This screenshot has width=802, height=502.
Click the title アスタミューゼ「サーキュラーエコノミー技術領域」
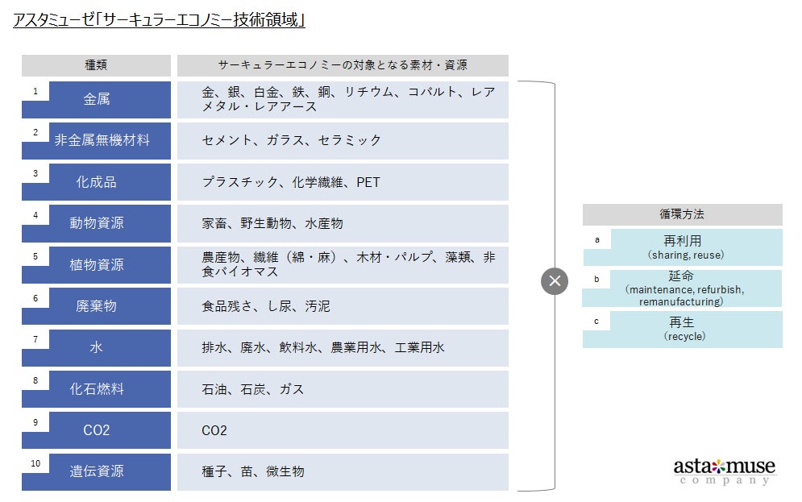[160, 20]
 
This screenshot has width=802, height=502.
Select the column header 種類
[96, 65]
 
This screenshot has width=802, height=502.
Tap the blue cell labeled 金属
[97, 99]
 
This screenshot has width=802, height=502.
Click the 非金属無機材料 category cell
[102, 140]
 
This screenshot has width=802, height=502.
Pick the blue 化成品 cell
[97, 182]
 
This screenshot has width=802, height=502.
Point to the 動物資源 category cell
[97, 223]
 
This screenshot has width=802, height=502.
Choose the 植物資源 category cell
[97, 264]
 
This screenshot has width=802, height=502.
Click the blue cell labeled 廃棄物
[97, 306]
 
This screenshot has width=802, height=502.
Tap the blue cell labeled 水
[97, 347]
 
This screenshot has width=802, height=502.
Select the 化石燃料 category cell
[97, 388]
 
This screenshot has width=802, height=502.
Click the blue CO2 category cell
[97, 430]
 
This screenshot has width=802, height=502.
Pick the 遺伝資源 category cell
[97, 471]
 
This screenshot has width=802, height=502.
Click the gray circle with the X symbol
[555, 281]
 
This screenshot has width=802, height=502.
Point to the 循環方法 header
[682, 214]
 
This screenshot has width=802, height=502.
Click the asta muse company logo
[724, 471]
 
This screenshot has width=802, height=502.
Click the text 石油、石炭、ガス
[253, 389]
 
